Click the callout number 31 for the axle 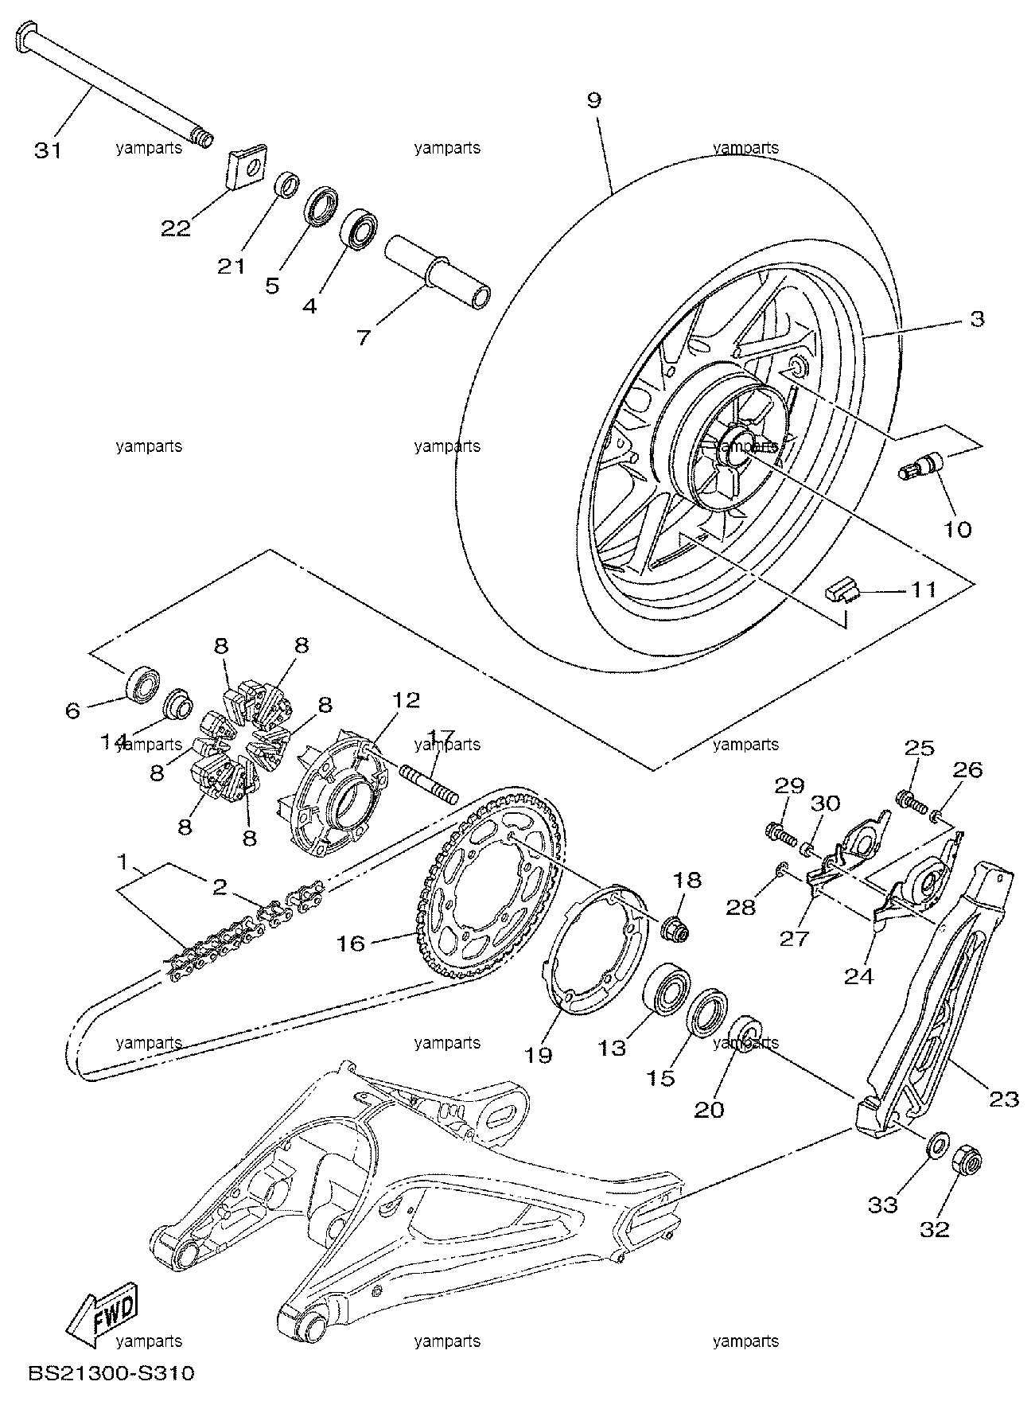click(48, 150)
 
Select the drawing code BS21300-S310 click(111, 1374)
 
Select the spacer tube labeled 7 click(438, 273)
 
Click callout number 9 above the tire click(595, 101)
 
